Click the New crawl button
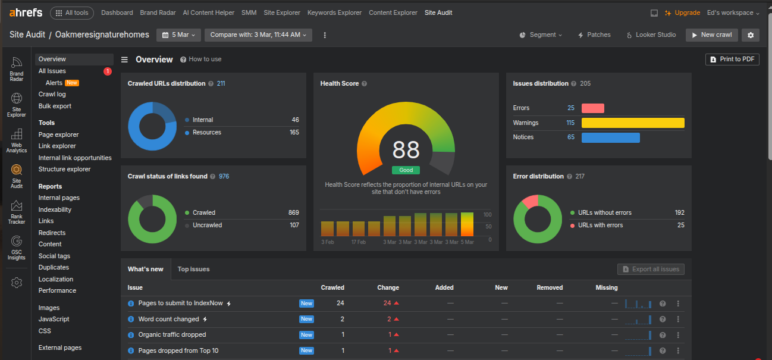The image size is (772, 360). (x=711, y=35)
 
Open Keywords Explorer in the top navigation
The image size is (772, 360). (x=334, y=12)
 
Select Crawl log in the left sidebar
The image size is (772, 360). (x=52, y=94)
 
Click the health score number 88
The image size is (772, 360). (x=406, y=150)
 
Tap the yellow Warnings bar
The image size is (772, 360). (x=633, y=123)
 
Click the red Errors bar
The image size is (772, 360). (x=592, y=108)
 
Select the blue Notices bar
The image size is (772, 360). (x=610, y=137)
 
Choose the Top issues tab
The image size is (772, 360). (x=193, y=269)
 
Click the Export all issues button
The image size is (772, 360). (x=651, y=269)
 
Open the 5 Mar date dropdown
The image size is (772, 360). (x=178, y=35)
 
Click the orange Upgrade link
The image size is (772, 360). (x=682, y=12)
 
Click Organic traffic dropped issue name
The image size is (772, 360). (x=172, y=335)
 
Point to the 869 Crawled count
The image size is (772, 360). (x=293, y=212)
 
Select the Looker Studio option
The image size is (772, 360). (x=651, y=35)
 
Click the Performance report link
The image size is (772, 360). (x=57, y=290)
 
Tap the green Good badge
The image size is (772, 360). (x=406, y=170)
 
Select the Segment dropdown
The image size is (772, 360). (x=541, y=35)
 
